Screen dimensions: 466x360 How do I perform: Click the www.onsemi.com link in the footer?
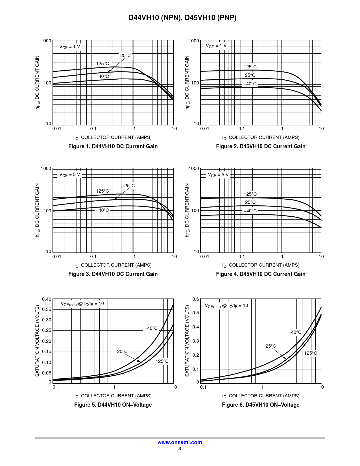[180, 442]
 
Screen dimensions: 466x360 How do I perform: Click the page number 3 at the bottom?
[180, 448]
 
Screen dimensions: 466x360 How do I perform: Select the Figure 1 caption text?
[113, 146]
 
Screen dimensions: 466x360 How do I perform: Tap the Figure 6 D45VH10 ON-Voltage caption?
[261, 405]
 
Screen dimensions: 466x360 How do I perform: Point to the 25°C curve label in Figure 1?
[126, 55]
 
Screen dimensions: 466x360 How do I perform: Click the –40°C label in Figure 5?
[151, 328]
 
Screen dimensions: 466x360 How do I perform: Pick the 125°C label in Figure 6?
[311, 353]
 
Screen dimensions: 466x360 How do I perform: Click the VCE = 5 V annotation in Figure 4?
[218, 175]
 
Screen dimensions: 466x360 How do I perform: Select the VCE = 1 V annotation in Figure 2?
[216, 46]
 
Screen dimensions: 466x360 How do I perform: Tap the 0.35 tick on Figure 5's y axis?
[47, 309]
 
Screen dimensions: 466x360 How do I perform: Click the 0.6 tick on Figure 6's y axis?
[196, 299]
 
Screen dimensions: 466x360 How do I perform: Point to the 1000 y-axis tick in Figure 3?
[46, 169]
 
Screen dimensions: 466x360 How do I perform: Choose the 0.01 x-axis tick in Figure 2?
[205, 129]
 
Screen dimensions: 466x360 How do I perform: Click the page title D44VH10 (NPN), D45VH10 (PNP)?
[182, 18]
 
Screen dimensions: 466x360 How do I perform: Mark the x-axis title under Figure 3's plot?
[113, 265]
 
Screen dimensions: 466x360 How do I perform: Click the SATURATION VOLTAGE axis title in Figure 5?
[37, 341]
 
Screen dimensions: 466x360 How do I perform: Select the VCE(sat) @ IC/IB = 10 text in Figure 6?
[226, 306]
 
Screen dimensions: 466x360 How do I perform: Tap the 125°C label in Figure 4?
[250, 194]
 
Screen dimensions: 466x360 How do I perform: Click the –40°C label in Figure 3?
[102, 210]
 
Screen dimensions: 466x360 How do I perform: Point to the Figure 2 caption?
[261, 146]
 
